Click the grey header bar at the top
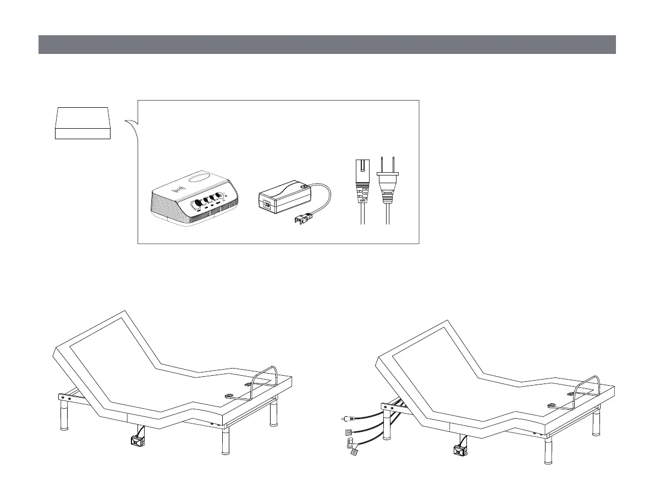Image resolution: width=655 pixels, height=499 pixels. click(x=327, y=45)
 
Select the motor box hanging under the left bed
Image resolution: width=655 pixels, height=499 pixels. click(x=135, y=440)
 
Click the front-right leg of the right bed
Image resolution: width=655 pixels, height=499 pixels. click(x=548, y=452)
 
